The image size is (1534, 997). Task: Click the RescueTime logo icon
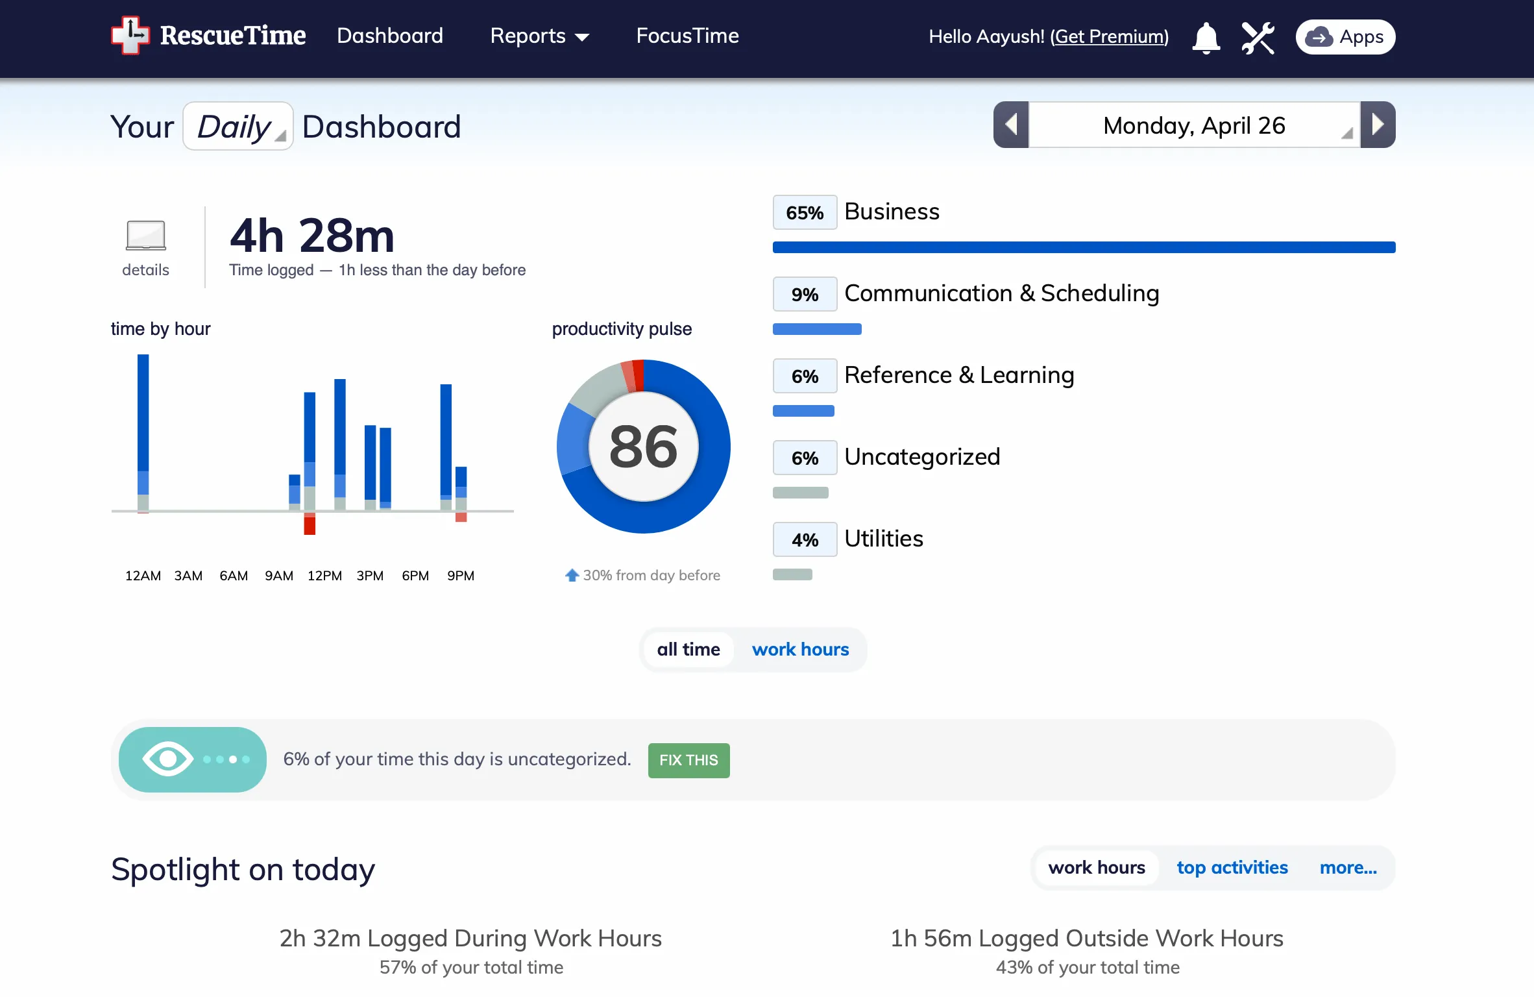130,36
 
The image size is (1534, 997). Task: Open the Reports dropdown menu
540,36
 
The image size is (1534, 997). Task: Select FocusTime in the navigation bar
687,36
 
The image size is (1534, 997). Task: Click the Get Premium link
1110,36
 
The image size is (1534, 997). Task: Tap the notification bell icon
1206,38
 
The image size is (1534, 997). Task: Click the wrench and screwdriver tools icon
1258,38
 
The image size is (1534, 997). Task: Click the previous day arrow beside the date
1011,125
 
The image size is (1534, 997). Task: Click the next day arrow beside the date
1378,125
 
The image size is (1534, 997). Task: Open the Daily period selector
238,126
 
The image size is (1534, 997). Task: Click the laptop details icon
146,235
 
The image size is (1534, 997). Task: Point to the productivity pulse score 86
644,447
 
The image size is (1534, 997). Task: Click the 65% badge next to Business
805,212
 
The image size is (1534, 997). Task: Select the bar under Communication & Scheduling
817,329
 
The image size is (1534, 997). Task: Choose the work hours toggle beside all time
800,649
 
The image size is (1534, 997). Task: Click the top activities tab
1232,868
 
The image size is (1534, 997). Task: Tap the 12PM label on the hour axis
324,576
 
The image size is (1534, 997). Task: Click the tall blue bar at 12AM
143,413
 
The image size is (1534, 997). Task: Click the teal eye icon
168,759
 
